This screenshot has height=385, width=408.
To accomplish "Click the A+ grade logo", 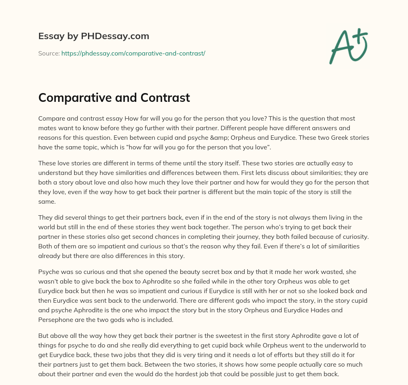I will coord(348,46).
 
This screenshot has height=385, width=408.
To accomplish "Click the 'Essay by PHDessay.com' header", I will coord(94,36).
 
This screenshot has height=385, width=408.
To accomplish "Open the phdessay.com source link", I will coord(133,53).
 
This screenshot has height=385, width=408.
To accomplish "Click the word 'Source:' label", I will coord(49,53).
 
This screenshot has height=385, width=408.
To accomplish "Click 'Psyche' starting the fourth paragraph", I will coord(48,272).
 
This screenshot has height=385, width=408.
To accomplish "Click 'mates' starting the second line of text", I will coord(47,128).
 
